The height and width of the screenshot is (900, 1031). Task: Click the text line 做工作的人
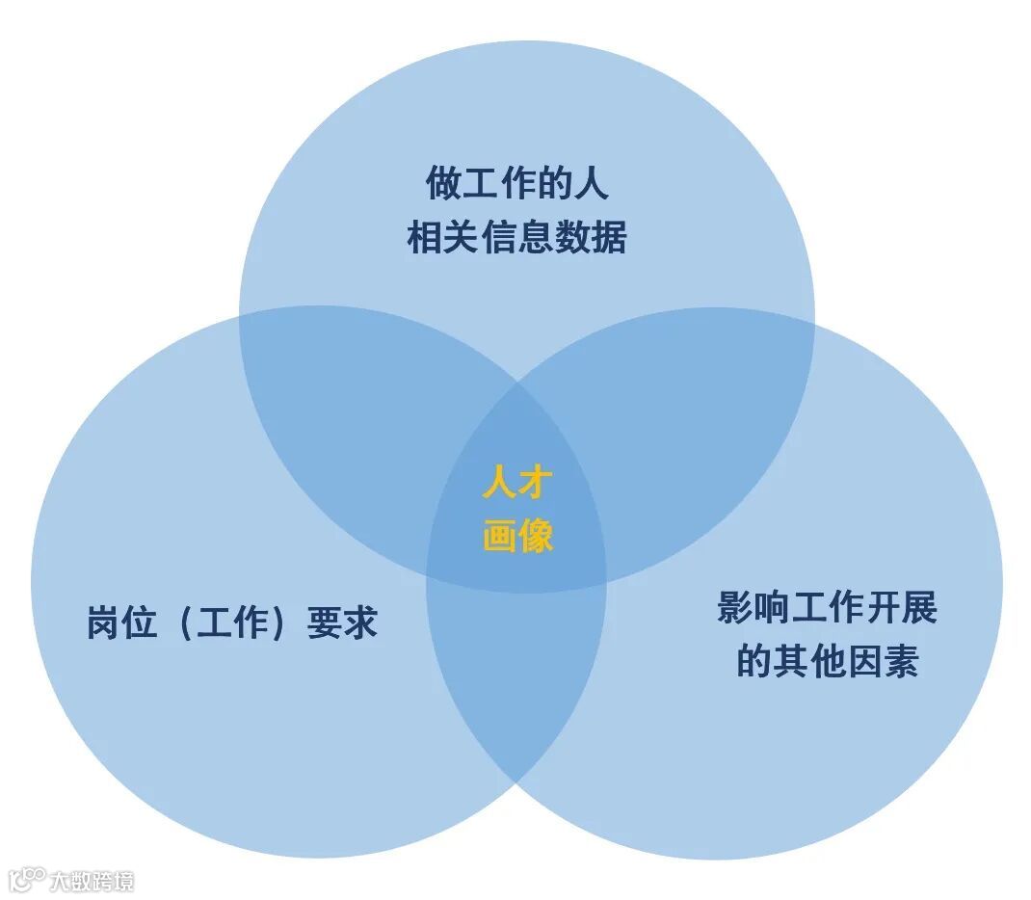click(x=516, y=182)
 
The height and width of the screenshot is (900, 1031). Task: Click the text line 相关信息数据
click(x=516, y=237)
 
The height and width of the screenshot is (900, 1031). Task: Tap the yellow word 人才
click(x=517, y=483)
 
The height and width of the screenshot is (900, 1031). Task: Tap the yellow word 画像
click(x=517, y=536)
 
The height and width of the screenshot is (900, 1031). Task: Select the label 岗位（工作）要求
click(x=231, y=622)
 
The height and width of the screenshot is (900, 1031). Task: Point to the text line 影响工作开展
click(x=827, y=608)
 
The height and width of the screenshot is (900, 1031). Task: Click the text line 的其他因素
click(x=827, y=662)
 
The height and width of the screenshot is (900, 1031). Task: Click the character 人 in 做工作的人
click(x=591, y=182)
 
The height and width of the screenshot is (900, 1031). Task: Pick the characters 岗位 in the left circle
click(x=121, y=622)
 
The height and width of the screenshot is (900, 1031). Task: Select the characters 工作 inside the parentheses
click(x=231, y=622)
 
